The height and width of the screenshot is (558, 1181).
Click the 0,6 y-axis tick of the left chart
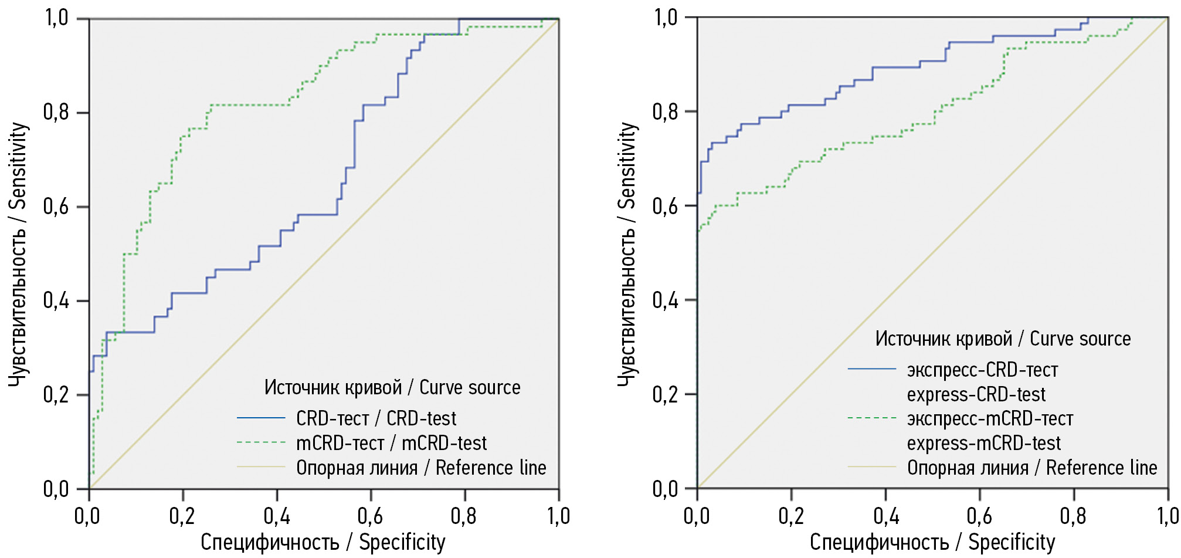(x=56, y=207)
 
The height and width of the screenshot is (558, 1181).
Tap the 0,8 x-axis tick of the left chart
(x=463, y=516)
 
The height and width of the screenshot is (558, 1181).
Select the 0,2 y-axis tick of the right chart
(x=665, y=394)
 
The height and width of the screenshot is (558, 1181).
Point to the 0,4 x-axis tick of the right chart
(x=885, y=516)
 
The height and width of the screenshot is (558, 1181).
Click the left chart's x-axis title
(x=323, y=542)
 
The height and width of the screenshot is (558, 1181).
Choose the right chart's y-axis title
(x=627, y=253)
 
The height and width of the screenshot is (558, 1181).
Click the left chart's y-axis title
(x=18, y=253)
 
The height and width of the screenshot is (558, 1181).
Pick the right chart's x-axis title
(x=932, y=542)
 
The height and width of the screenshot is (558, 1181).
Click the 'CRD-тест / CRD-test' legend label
(x=376, y=418)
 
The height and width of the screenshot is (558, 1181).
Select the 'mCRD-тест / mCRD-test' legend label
(x=391, y=443)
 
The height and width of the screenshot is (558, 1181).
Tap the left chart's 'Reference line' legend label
(x=421, y=468)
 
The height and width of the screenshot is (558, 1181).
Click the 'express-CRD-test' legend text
(x=976, y=394)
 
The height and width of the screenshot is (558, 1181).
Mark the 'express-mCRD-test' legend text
(x=984, y=443)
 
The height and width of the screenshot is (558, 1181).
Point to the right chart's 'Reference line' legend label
(x=1032, y=468)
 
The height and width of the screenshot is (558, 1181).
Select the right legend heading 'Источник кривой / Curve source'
(x=1003, y=339)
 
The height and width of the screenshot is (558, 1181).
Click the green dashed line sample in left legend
(x=261, y=442)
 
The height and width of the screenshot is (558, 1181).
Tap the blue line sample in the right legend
(x=872, y=368)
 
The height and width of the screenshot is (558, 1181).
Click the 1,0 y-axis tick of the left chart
(x=56, y=18)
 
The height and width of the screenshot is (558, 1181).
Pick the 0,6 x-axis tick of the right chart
(x=979, y=516)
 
